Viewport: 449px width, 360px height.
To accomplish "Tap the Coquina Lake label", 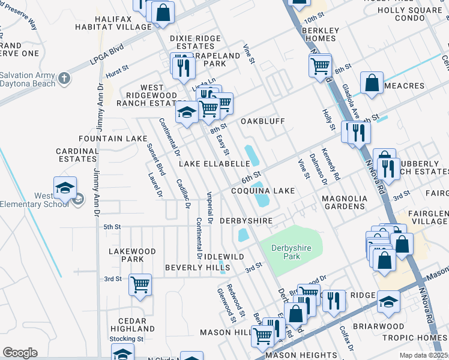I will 264,191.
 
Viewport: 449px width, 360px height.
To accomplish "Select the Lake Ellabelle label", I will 214,163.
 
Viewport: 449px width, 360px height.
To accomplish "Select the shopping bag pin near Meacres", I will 372,83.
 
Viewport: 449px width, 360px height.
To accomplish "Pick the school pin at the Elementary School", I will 65,188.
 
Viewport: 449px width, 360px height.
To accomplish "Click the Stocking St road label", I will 126,339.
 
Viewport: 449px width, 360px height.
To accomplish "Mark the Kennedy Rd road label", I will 331,164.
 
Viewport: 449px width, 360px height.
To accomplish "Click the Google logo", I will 20,353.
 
